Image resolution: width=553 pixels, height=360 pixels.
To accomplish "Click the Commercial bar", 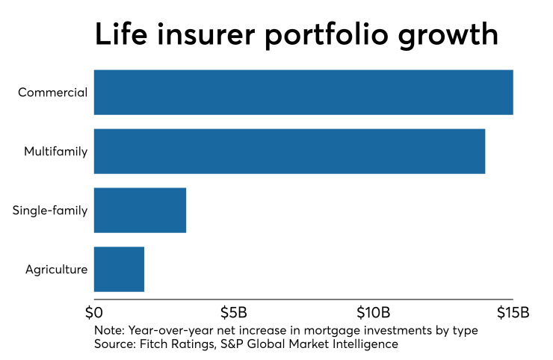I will pos(303,93).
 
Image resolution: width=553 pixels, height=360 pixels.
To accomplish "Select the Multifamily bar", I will pos(289,152).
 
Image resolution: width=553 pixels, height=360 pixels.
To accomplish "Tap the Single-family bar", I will pos(140,211).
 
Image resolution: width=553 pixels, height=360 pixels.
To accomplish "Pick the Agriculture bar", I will pos(119,269).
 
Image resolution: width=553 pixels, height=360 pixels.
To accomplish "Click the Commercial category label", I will pos(53,93).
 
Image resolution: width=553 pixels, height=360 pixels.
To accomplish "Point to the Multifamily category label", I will pos(56,152).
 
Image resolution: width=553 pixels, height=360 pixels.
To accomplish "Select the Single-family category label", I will pos(50,211).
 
